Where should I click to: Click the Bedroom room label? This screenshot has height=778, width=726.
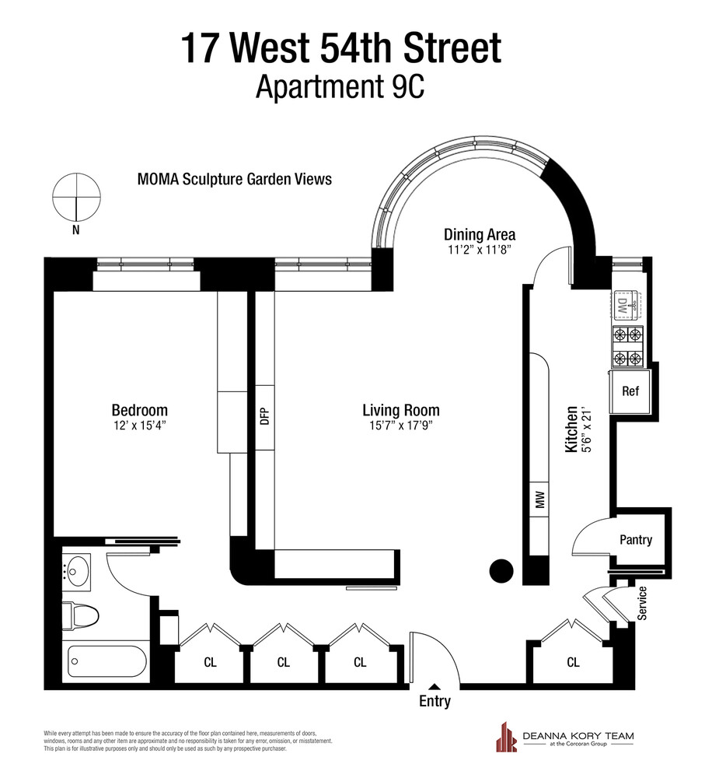[139, 410]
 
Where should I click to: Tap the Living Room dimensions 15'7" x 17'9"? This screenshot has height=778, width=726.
[400, 426]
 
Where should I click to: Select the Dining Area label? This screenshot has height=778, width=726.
[479, 234]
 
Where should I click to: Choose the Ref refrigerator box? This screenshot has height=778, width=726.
[630, 391]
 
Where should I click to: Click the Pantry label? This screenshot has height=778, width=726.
[635, 540]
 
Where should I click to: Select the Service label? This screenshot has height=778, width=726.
[642, 603]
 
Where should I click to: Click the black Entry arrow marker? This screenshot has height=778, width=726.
[435, 686]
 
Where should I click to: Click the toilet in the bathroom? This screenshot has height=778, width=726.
[81, 616]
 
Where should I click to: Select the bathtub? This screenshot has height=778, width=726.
[107, 661]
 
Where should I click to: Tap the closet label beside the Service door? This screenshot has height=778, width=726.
[573, 662]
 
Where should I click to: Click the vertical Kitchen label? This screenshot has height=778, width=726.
[571, 429]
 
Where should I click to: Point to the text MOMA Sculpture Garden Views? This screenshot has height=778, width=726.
[234, 179]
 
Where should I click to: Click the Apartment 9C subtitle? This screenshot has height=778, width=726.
[340, 87]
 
